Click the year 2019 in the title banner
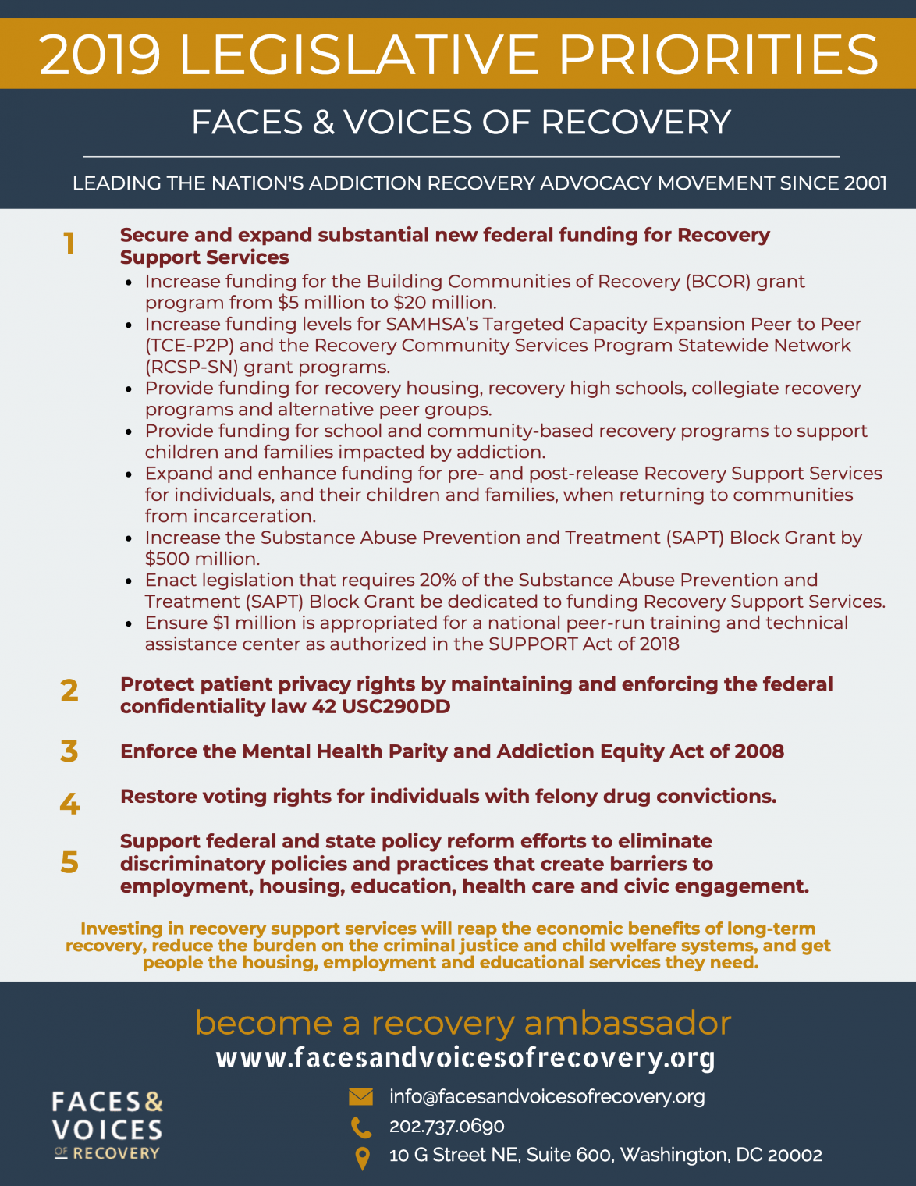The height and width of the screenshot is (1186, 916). click(x=100, y=55)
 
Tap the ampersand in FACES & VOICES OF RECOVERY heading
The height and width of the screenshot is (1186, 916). click(x=323, y=123)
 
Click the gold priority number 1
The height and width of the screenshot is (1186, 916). click(x=69, y=244)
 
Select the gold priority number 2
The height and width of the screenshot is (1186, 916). click(x=69, y=691)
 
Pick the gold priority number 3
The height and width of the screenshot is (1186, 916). click(x=69, y=751)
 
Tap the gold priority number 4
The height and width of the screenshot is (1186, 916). click(x=69, y=803)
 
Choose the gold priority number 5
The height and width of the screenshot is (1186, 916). click(x=69, y=862)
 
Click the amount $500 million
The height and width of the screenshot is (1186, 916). click(x=202, y=559)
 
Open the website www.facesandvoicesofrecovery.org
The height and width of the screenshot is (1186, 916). click(x=465, y=1058)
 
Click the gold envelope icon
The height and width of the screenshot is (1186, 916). click(x=360, y=1097)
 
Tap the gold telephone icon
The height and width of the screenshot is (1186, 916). click(x=360, y=1127)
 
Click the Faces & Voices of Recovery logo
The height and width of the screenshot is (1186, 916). click(x=107, y=1126)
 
